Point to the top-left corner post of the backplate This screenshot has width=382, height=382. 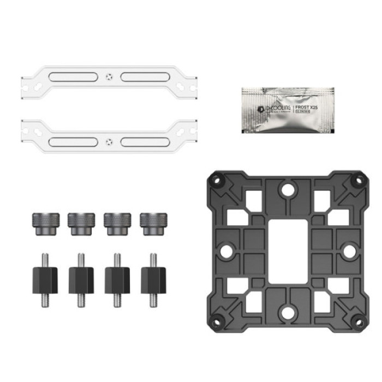tap(216, 179)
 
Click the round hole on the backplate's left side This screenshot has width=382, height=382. tap(225, 251)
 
